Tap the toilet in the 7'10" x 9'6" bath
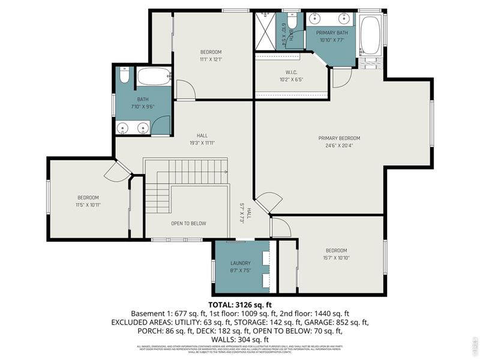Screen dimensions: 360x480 pos(124,75)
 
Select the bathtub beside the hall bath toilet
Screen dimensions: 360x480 pos(153,76)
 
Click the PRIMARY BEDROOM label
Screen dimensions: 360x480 pos(339,138)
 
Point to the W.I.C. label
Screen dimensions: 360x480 pos(291,72)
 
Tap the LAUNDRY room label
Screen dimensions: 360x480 pos(241,263)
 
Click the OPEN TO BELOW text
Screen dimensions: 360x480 pos(188,223)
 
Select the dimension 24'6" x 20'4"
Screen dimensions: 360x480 pos(339,145)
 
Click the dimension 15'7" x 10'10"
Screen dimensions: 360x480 pos(337,258)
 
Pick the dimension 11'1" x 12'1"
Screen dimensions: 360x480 pos(211,59)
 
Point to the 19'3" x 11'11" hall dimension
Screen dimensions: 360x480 pos(202,143)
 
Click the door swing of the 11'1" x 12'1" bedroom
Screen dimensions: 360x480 pos(184,89)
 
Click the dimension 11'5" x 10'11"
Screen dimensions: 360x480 pos(88,205)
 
